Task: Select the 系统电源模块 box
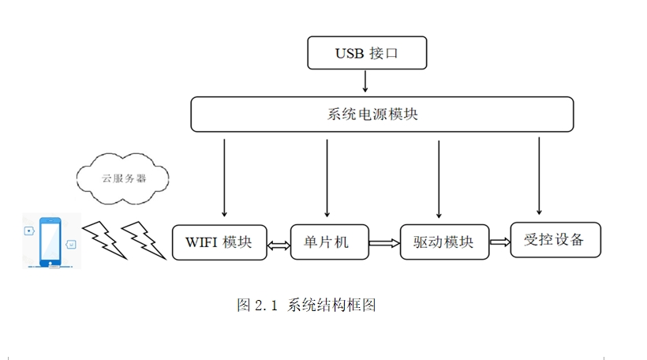point(382,114)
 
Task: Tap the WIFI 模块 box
point(219,242)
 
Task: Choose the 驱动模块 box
point(443,242)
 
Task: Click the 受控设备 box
point(555,239)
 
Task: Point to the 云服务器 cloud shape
point(123,178)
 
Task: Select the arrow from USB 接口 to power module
point(365,82)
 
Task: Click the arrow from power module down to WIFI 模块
point(225,178)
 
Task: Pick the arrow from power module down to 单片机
point(326,178)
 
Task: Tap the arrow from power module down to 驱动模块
point(438,178)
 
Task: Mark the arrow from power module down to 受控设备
point(539,175)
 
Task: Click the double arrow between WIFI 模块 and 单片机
point(279,246)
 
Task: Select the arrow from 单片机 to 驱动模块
point(384,244)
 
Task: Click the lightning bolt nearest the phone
point(103,239)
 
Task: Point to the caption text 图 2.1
point(258,305)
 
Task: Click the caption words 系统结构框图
point(331,305)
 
